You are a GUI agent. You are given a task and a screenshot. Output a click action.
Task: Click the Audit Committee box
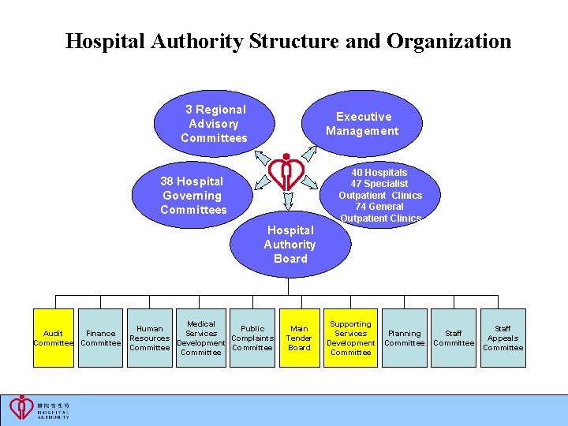coord(53,338)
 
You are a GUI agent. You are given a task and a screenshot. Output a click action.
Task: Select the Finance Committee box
coord(101,338)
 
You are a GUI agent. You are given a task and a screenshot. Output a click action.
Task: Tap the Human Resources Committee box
coord(149,338)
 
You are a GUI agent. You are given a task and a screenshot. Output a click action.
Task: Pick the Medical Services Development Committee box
coord(200,338)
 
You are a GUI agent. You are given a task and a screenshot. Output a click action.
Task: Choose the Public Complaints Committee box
coord(252,338)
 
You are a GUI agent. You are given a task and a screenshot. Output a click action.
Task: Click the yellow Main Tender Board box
coord(300,338)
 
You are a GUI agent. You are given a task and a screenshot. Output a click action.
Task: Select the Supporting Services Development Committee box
coord(350,338)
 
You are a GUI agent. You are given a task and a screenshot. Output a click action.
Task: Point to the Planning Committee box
coord(404,338)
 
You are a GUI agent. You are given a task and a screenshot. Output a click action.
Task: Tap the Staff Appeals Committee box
coord(503,338)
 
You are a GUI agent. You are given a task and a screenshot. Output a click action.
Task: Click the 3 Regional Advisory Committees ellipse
coord(214,124)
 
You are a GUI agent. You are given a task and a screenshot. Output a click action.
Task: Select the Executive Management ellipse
coord(362,124)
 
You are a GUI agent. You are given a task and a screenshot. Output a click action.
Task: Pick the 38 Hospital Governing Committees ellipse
coord(192,196)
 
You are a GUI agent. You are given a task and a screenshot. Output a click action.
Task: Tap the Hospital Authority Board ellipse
coord(290,245)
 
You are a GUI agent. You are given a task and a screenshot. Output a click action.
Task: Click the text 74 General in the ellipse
coord(379,207)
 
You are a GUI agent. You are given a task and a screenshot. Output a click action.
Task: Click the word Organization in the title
coord(449,42)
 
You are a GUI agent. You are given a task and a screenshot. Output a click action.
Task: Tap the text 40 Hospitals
coord(379,173)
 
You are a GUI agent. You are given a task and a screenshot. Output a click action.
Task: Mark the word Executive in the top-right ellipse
coord(364,117)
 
